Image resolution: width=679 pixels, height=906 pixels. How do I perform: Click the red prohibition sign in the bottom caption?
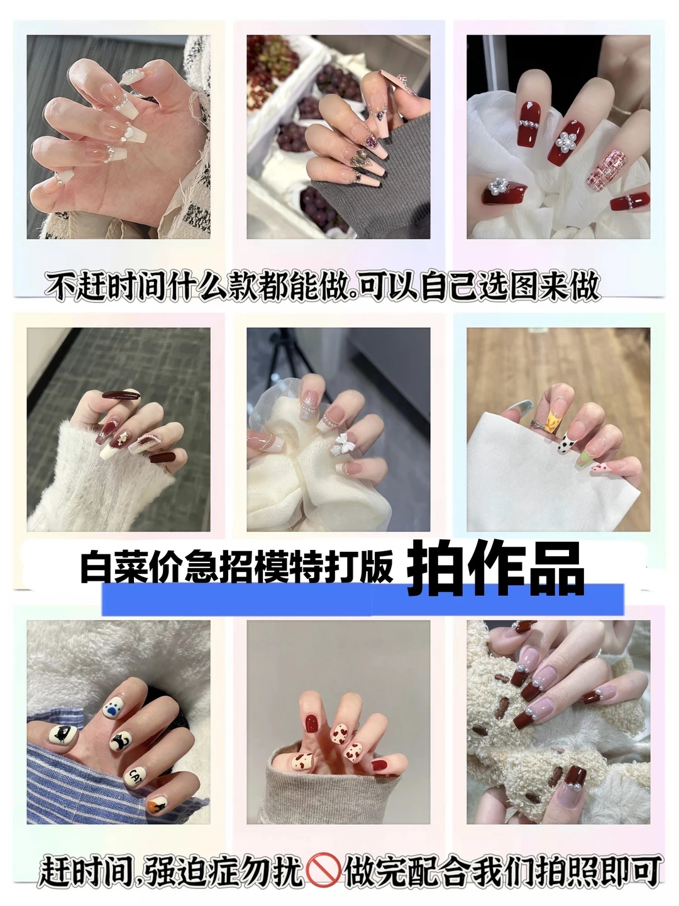pyautogui.click(x=324, y=871)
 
